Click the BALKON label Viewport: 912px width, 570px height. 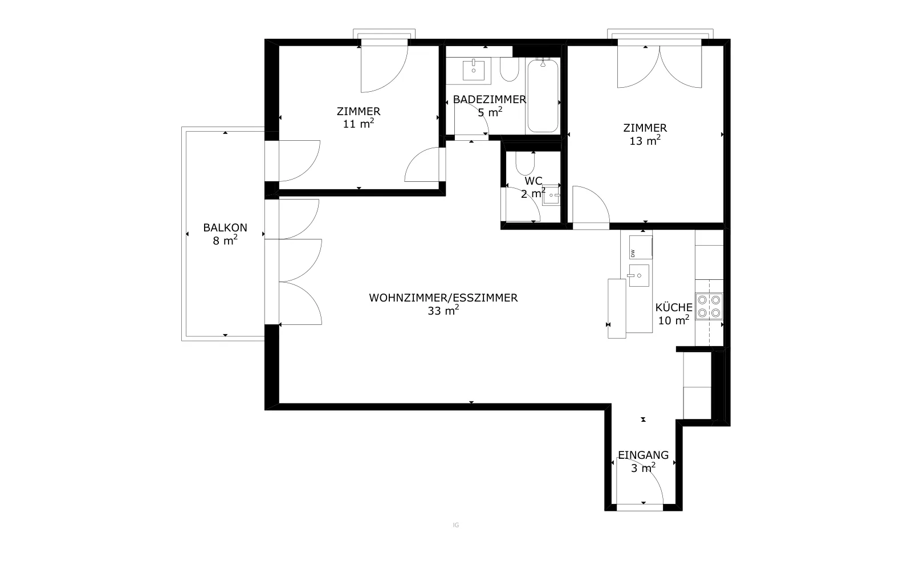[x=225, y=227]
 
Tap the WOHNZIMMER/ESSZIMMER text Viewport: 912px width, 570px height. [x=443, y=298]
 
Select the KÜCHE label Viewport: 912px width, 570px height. [x=674, y=307]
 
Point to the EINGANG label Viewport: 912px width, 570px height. [x=644, y=455]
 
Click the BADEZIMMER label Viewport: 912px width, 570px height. [x=490, y=99]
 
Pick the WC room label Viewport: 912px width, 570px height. [x=534, y=181]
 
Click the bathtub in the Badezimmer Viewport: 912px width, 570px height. [x=543, y=96]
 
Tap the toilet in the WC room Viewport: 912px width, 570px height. [x=525, y=163]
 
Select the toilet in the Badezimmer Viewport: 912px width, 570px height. [x=510, y=69]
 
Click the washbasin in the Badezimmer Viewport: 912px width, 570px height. [x=474, y=70]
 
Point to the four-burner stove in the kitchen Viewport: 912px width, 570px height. [x=709, y=306]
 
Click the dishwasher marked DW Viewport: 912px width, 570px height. [x=641, y=247]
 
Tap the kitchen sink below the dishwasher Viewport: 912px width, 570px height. [x=639, y=276]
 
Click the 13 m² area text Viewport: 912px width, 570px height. [x=645, y=140]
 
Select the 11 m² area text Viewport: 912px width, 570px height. [x=359, y=124]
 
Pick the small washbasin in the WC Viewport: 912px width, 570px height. [x=551, y=195]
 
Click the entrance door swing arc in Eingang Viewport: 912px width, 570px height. [x=650, y=471]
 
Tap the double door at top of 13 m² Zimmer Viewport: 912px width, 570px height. [x=659, y=66]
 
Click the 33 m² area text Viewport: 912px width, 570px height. [x=443, y=311]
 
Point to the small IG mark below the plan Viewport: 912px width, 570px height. [x=456, y=525]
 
